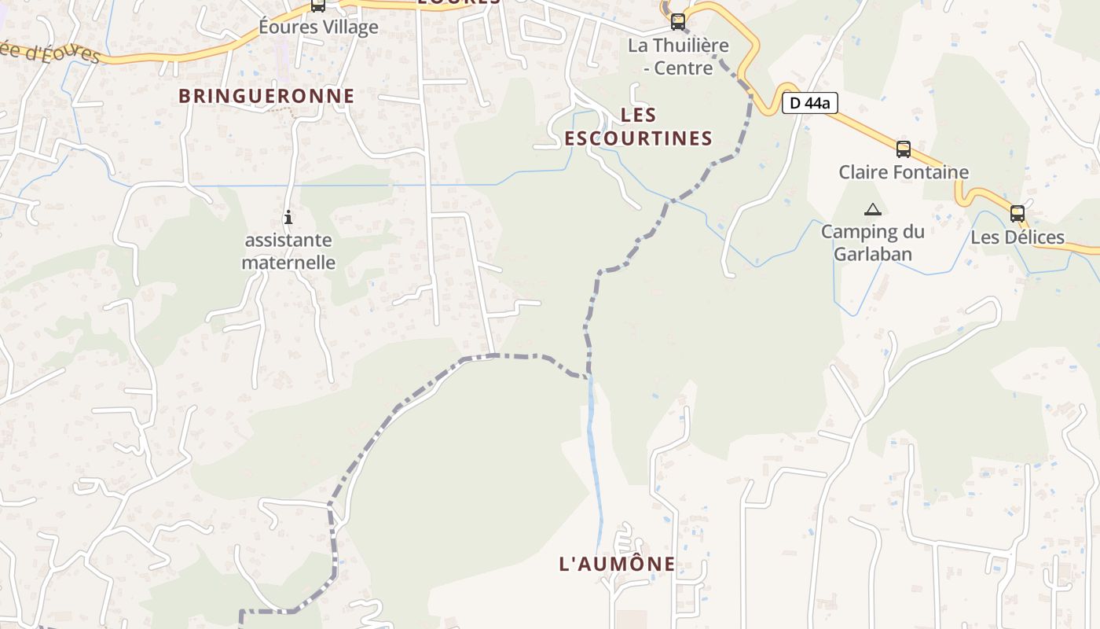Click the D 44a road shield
click(x=810, y=102)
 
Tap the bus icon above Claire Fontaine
click(x=904, y=149)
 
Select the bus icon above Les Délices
click(x=1017, y=213)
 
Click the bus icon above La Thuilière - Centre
click(x=678, y=21)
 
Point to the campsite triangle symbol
click(x=872, y=210)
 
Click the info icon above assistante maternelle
click(x=288, y=217)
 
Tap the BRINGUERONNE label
click(x=266, y=96)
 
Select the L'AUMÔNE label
click(x=617, y=564)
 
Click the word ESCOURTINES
click(x=638, y=138)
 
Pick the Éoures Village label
click(x=318, y=27)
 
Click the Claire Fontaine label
click(x=904, y=172)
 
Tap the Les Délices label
click(x=1017, y=237)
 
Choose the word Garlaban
click(x=872, y=254)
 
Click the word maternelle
click(x=288, y=263)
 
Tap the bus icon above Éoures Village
click(x=317, y=5)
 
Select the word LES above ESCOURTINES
click(x=638, y=116)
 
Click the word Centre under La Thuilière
click(x=683, y=68)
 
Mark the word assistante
click(x=288, y=241)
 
